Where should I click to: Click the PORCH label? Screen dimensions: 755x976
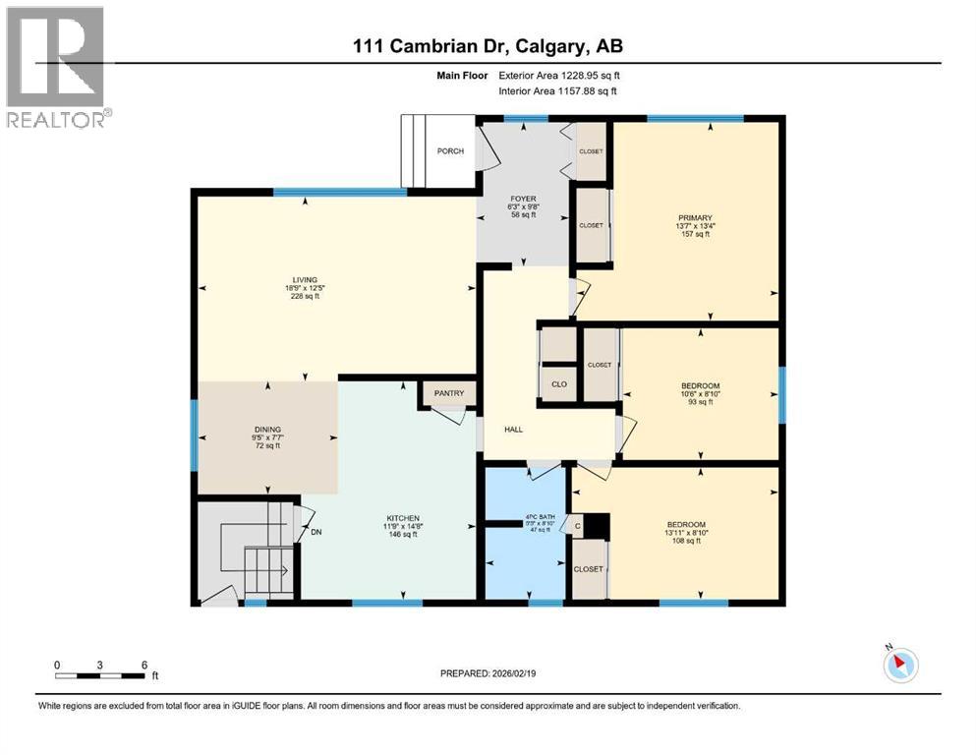coord(450,151)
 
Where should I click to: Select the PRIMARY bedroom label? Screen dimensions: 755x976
coord(694,218)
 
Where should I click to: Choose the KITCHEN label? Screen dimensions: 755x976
coord(403,518)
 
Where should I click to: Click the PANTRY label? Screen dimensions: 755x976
coord(448,394)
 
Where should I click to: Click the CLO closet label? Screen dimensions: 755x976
coord(559,384)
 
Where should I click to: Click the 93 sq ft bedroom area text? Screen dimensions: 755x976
coord(700,404)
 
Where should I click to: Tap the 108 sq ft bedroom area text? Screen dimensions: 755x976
coord(685,542)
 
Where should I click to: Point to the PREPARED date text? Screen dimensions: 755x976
coord(488,673)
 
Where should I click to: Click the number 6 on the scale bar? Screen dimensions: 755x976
coord(144,665)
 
